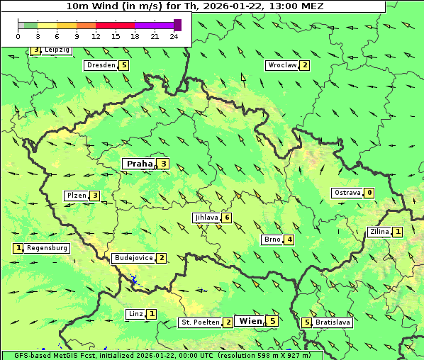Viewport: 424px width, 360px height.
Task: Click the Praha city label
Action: click(x=139, y=164)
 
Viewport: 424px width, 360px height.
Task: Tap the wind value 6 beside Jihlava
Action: click(x=227, y=218)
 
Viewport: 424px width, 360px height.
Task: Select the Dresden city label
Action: click(x=100, y=65)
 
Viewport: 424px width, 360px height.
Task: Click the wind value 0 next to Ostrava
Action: click(x=369, y=193)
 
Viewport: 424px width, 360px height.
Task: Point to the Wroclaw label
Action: click(x=281, y=65)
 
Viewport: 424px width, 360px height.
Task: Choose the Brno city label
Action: click(x=272, y=240)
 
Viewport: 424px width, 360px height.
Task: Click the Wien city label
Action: click(x=250, y=321)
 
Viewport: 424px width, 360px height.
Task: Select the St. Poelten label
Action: click(x=199, y=322)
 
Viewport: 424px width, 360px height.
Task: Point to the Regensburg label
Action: click(x=48, y=248)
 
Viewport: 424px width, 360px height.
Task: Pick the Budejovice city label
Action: click(x=133, y=258)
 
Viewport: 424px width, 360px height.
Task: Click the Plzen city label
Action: click(x=75, y=196)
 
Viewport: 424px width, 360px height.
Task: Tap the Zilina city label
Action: click(x=379, y=232)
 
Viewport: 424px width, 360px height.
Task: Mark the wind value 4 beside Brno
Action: click(x=289, y=240)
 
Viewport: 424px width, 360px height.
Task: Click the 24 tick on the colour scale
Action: click(x=174, y=36)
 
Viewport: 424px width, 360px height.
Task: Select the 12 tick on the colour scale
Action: click(x=96, y=36)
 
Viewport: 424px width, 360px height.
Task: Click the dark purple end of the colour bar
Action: click(x=177, y=25)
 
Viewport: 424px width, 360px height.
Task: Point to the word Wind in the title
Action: click(x=109, y=6)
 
